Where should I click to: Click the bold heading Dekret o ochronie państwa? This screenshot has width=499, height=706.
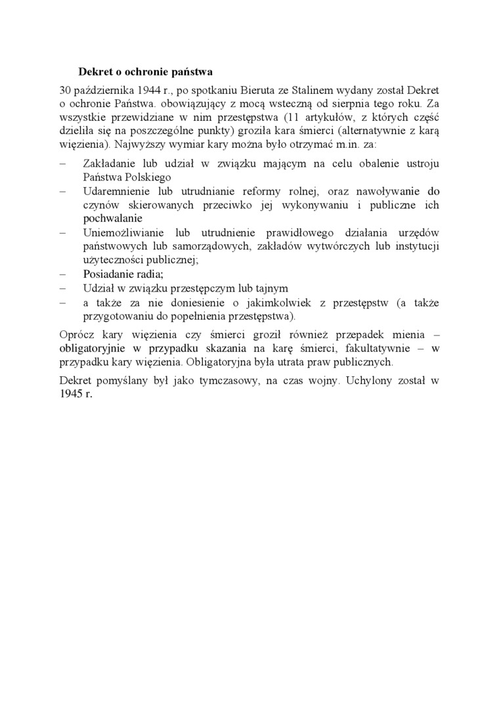(146, 71)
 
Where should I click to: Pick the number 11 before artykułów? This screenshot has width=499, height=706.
(284, 118)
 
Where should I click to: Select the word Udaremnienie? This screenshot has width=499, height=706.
(116, 191)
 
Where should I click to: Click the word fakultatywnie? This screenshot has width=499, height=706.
(381, 348)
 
